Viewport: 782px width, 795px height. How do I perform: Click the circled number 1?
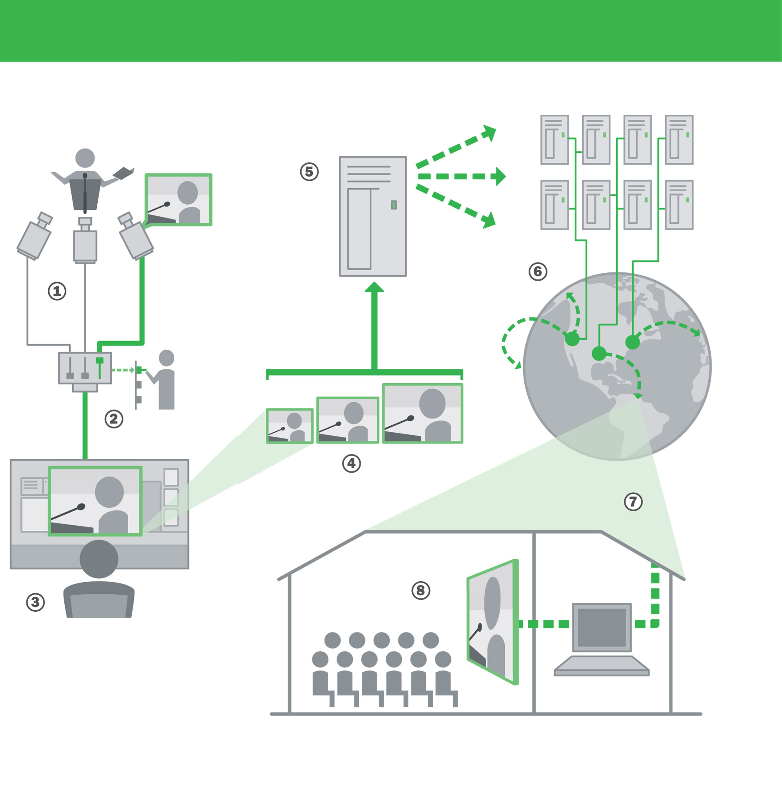coord(57,291)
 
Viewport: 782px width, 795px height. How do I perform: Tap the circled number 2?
coord(114,419)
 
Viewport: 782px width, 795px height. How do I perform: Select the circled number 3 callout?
coord(36,602)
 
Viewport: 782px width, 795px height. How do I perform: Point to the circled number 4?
coord(351,464)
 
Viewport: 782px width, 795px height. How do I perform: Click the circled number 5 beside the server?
coord(309,172)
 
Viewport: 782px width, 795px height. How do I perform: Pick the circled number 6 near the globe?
coord(538,272)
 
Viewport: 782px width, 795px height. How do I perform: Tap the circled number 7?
coord(633,502)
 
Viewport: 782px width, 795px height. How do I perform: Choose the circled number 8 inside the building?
coord(421,590)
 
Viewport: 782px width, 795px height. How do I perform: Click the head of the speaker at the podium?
coord(85,158)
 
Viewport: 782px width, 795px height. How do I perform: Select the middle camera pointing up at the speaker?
coord(85,242)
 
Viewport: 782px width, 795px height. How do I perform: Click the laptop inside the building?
coord(602,638)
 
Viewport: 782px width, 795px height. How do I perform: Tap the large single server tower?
coord(373,216)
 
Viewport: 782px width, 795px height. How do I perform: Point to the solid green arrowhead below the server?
coord(374,287)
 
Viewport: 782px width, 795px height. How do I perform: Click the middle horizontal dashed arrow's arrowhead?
coord(501,176)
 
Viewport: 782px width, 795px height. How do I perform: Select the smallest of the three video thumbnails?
coord(290,426)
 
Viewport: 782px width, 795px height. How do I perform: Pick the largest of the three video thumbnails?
coord(423,413)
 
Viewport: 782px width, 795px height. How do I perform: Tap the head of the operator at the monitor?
coord(99,559)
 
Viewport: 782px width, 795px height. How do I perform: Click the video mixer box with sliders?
coord(85,368)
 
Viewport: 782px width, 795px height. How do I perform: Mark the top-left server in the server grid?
coord(555,140)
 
